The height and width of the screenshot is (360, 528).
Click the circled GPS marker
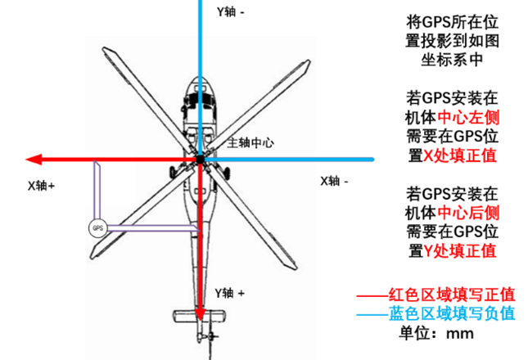pos(97,228)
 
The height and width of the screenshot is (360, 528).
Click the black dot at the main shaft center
pos(201,160)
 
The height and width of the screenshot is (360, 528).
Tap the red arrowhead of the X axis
pos(34,160)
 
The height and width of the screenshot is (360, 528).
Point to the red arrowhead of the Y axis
pos(201,313)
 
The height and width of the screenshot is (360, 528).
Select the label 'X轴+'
pos(42,186)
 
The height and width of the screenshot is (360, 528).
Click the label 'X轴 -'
pos(334,182)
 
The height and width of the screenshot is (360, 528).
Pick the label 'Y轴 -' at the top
pos(231,12)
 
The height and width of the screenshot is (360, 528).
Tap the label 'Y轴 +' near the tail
pos(230,293)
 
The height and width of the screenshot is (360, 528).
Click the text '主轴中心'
pos(250,143)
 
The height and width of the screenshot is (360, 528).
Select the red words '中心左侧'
pos(468,118)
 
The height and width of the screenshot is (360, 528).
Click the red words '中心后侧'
pos(468,213)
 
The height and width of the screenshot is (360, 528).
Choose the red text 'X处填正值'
pos(459,155)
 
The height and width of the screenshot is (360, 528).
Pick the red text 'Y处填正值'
pos(459,250)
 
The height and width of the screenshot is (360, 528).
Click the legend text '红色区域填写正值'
pos(452,295)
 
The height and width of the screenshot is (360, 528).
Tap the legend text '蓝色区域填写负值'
pos(452,313)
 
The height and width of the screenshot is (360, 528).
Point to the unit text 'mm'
pos(460,334)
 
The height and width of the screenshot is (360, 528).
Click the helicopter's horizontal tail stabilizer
pos(200,317)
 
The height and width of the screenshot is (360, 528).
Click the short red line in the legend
pos(372,296)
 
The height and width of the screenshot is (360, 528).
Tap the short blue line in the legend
pos(372,315)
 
